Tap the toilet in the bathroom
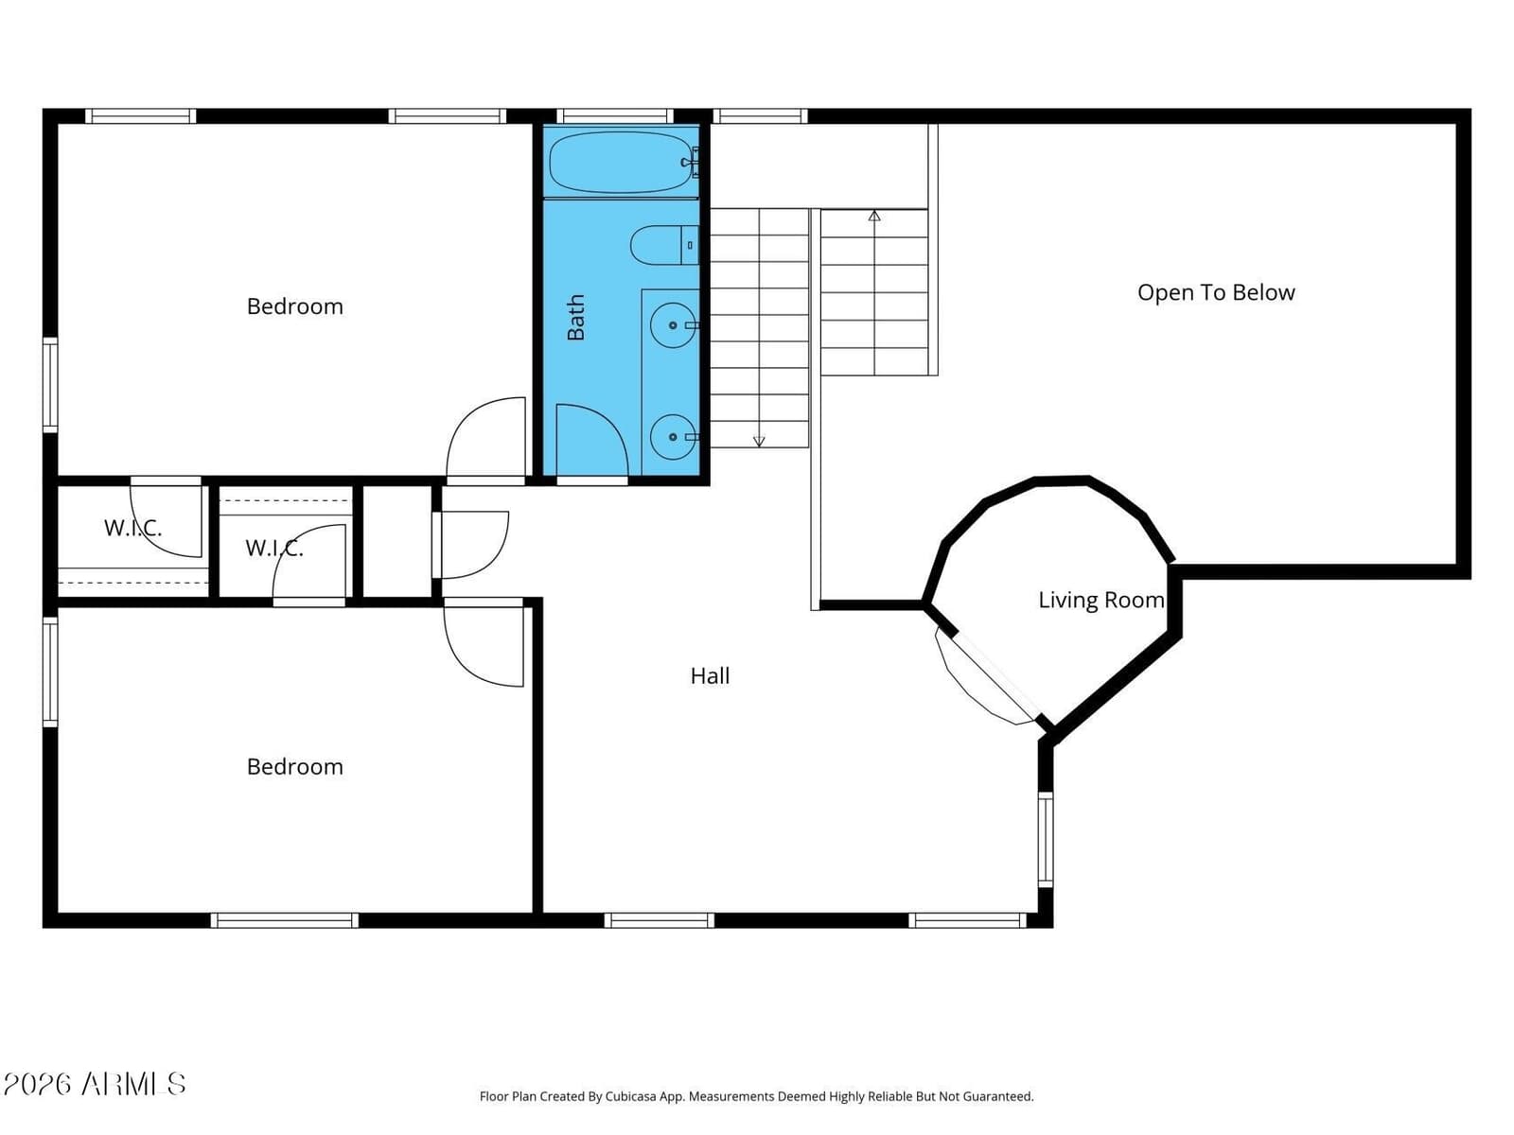(x=664, y=245)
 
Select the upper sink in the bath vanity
(x=673, y=325)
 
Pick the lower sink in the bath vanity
(x=673, y=437)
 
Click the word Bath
(x=575, y=317)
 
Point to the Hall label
(x=710, y=676)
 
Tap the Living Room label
(x=1100, y=601)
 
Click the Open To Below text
(x=1216, y=293)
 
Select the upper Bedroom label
(x=294, y=306)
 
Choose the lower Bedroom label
(x=294, y=767)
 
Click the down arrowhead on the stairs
(x=759, y=441)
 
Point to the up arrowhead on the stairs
(x=874, y=216)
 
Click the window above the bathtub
(x=614, y=115)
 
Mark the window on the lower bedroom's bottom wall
(x=284, y=920)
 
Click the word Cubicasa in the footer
(x=631, y=1096)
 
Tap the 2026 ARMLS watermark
(x=95, y=1084)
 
